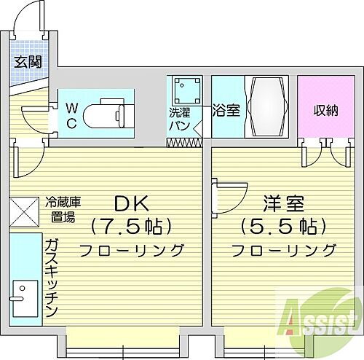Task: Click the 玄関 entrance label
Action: point(26,62)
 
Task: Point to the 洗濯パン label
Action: point(180,120)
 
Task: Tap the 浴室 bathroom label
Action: point(225,111)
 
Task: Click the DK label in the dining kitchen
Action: point(131,203)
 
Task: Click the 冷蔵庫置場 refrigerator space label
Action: point(61,208)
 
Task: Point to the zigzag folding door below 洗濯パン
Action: point(183,141)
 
